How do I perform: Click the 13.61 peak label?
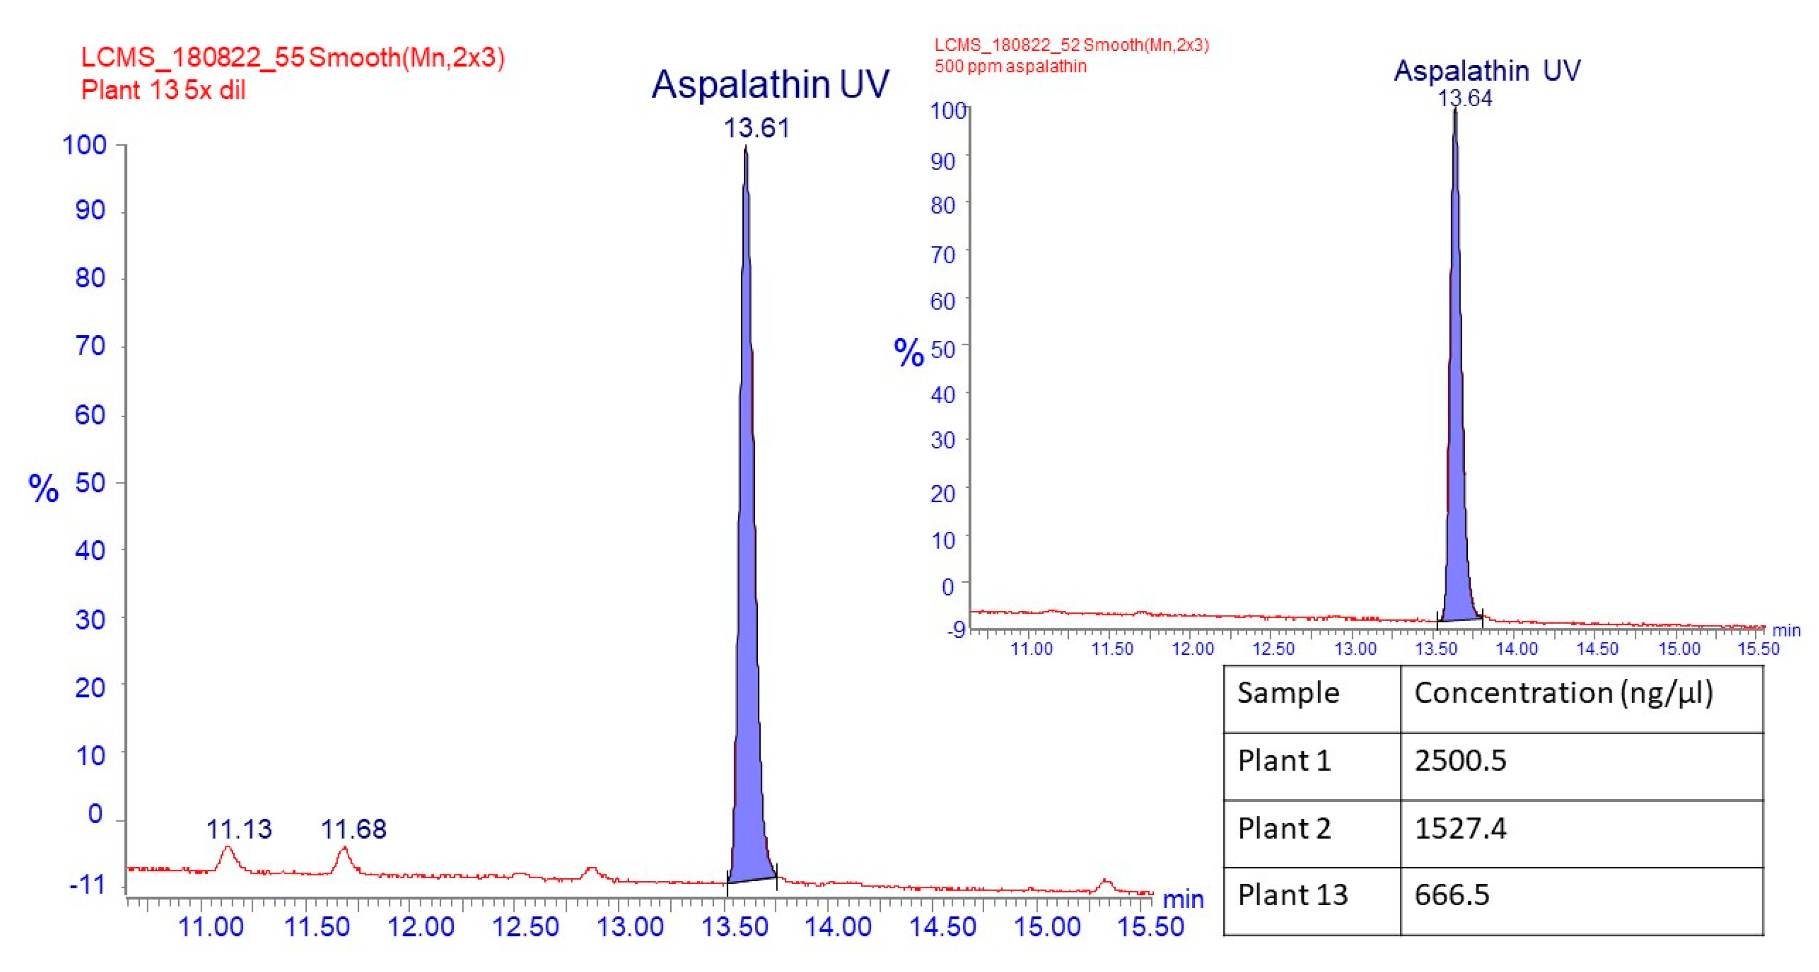coord(756,128)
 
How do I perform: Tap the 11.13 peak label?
coord(239,829)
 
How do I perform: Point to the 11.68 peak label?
coord(354,829)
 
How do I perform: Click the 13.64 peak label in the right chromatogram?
coord(1465,98)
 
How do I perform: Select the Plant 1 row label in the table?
coord(1284,761)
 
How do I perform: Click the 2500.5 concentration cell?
coord(1460,761)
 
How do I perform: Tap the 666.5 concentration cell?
coord(1452,895)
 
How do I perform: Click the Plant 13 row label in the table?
coord(1292,895)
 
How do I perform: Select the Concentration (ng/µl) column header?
coord(1563,693)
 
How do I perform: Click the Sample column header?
coord(1288,693)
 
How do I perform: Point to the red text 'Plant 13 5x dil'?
coord(163,90)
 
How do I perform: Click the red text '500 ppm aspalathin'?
coord(1011,66)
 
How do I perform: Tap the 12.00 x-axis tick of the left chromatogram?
coord(421,926)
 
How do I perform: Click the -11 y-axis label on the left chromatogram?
coord(88,884)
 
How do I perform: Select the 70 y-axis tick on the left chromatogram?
coord(90,346)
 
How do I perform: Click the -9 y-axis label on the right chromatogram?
coord(956,629)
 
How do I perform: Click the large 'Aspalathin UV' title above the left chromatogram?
coord(770,85)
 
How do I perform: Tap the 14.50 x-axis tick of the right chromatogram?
coord(1597,648)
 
